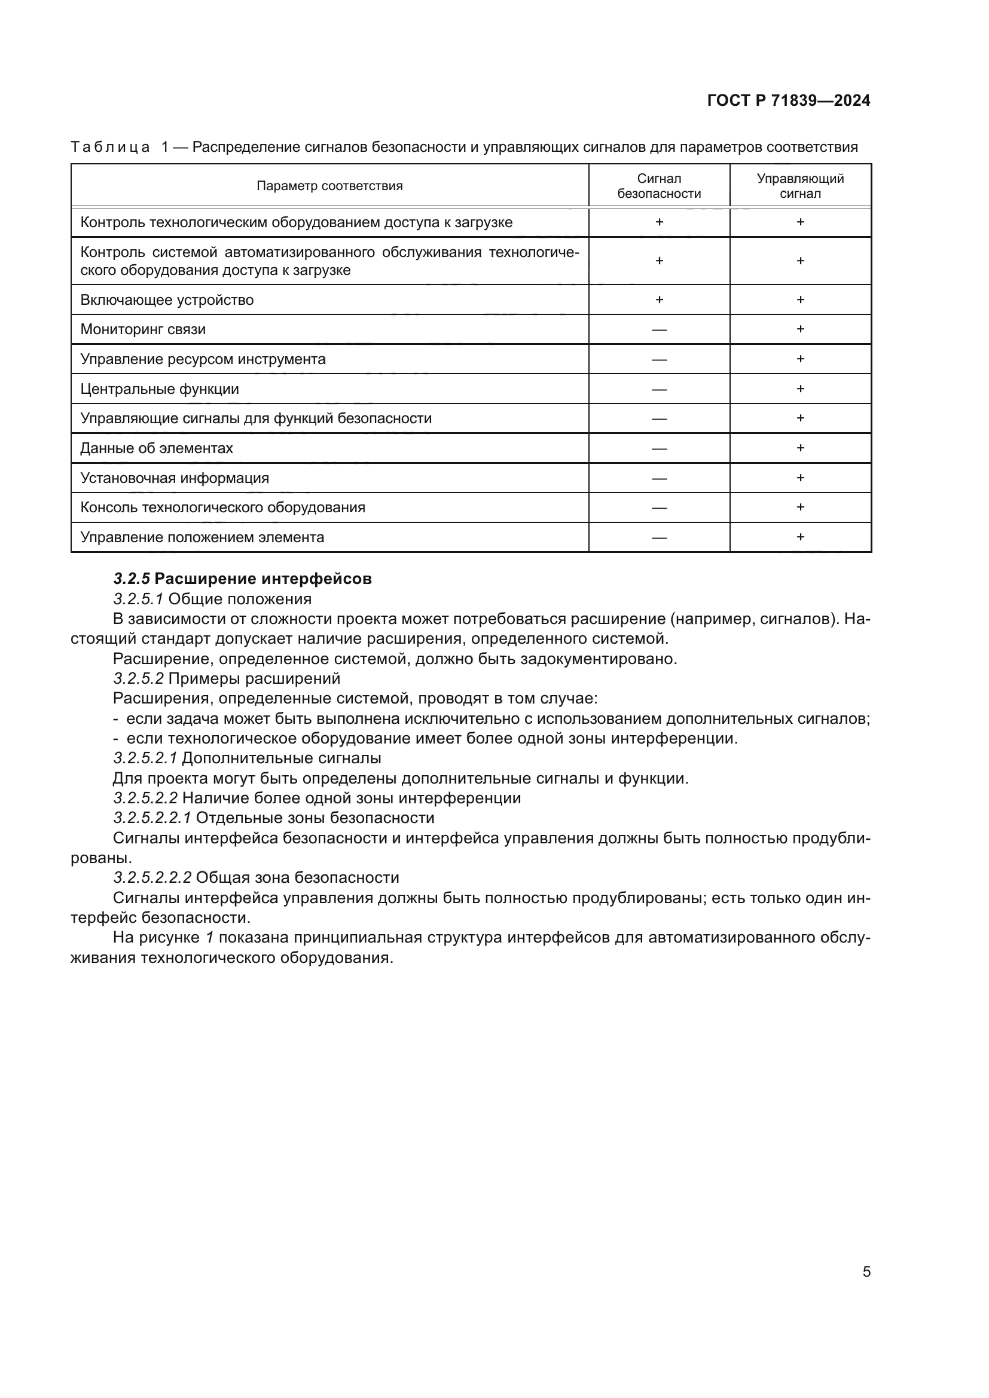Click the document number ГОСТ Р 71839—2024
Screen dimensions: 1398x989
pyautogui.click(x=788, y=100)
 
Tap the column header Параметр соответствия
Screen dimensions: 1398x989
pyautogui.click(x=329, y=186)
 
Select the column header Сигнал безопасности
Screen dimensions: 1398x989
pyautogui.click(x=659, y=186)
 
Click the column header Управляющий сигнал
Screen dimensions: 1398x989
pyautogui.click(x=800, y=186)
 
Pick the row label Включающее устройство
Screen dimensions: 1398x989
pyautogui.click(x=167, y=299)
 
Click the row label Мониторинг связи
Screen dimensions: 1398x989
pyautogui.click(x=143, y=329)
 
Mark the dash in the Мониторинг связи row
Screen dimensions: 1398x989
pyautogui.click(x=659, y=330)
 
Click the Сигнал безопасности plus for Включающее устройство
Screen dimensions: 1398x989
pyautogui.click(x=659, y=299)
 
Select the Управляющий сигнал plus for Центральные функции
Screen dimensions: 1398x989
pyautogui.click(x=800, y=388)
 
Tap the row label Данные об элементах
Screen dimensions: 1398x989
pyautogui.click(x=157, y=448)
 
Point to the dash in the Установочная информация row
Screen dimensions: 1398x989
pyautogui.click(x=659, y=479)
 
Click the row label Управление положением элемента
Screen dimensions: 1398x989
pyautogui.click(x=202, y=537)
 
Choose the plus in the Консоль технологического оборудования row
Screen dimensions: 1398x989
pyautogui.click(x=800, y=507)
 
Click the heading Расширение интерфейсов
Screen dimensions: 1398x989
pyautogui.click(x=263, y=579)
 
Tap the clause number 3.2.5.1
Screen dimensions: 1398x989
pyautogui.click(x=138, y=598)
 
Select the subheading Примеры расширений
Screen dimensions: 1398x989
pyautogui.click(x=254, y=678)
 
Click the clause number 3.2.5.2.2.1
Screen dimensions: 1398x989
pyautogui.click(x=152, y=818)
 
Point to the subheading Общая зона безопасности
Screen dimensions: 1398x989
pyautogui.click(x=297, y=877)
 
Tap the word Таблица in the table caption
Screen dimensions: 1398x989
pyautogui.click(x=110, y=147)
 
